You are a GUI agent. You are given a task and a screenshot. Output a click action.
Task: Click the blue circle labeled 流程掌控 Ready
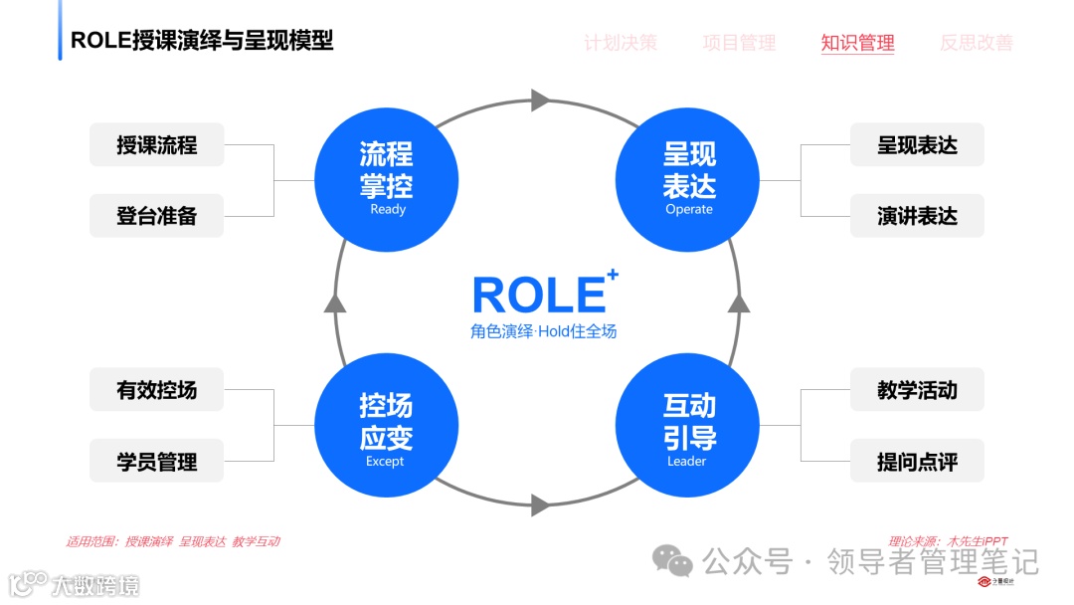386,179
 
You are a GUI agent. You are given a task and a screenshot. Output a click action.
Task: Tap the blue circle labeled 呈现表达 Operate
688,179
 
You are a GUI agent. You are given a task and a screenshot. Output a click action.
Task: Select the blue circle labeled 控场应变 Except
386,426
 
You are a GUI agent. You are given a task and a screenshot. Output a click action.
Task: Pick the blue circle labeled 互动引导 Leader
688,426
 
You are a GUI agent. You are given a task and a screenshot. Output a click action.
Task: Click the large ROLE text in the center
539,296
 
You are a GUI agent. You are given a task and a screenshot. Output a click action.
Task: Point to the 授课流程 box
157,145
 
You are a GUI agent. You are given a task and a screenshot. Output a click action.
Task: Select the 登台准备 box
157,216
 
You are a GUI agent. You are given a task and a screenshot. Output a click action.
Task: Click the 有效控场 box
157,391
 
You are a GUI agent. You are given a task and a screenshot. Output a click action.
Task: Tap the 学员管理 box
157,462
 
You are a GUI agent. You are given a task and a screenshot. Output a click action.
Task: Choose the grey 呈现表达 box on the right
917,145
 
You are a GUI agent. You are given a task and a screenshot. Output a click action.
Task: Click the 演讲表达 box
917,216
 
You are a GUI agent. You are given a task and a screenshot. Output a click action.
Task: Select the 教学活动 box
917,391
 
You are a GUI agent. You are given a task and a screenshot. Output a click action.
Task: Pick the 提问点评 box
917,462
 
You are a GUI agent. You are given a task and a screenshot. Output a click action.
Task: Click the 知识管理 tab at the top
857,43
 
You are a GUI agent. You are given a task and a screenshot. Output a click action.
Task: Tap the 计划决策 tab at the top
621,43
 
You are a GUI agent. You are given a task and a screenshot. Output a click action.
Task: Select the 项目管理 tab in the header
739,43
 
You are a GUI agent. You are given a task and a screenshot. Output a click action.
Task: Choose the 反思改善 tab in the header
977,43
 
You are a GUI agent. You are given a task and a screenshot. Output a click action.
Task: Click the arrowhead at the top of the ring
540,100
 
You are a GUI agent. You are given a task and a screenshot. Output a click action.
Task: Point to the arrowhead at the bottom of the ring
540,504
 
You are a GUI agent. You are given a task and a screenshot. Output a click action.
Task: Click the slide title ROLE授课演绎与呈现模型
202,41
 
